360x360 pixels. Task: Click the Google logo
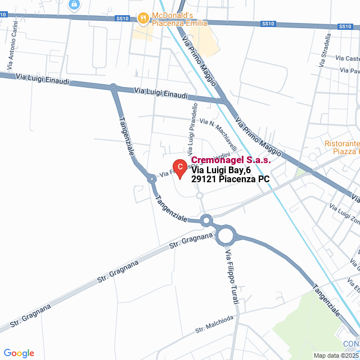(19, 353)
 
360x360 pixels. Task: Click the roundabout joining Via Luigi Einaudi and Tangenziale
(113, 87)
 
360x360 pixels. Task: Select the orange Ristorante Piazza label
(342, 147)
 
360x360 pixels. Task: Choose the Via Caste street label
(347, 58)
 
